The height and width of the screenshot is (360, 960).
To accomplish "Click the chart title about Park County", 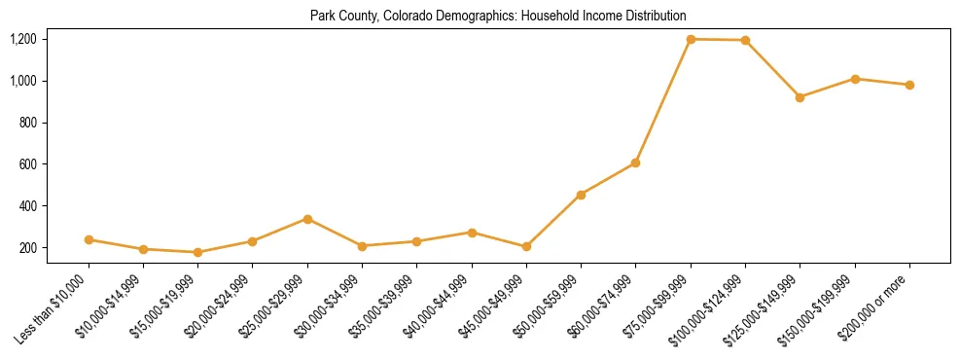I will click(498, 16).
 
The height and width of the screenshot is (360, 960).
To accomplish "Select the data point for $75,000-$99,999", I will click(691, 39).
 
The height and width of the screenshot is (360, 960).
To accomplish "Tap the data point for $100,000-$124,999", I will click(745, 40).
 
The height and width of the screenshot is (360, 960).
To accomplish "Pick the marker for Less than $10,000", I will click(89, 239).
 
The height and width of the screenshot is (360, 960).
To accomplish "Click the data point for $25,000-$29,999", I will click(307, 219).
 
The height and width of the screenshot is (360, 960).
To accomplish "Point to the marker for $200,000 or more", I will click(909, 85).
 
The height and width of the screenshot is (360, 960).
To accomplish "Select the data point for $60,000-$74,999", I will click(635, 162).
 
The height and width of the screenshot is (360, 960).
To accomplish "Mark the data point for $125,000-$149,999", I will click(800, 97).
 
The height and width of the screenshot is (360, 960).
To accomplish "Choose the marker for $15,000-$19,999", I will click(198, 252).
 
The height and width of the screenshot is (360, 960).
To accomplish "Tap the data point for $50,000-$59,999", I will click(581, 195).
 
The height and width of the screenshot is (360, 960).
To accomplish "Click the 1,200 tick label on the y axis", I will click(22, 39).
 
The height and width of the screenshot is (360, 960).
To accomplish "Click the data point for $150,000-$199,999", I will click(855, 79).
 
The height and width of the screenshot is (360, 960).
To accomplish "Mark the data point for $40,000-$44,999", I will click(472, 233).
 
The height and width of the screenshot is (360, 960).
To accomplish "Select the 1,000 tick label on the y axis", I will click(22, 81).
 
